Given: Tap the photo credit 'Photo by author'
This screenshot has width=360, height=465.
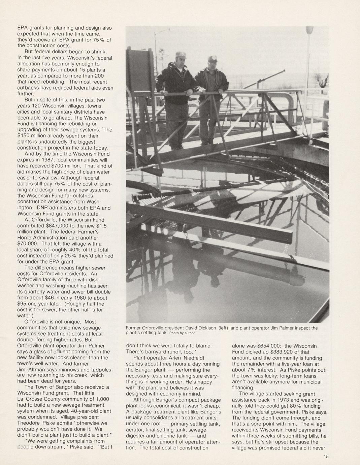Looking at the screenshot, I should pos(182,333).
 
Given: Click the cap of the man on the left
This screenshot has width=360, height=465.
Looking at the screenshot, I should pos(180,54).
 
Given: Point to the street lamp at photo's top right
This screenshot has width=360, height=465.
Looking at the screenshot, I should pos(309,31).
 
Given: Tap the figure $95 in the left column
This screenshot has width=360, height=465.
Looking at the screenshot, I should pos(22,304).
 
